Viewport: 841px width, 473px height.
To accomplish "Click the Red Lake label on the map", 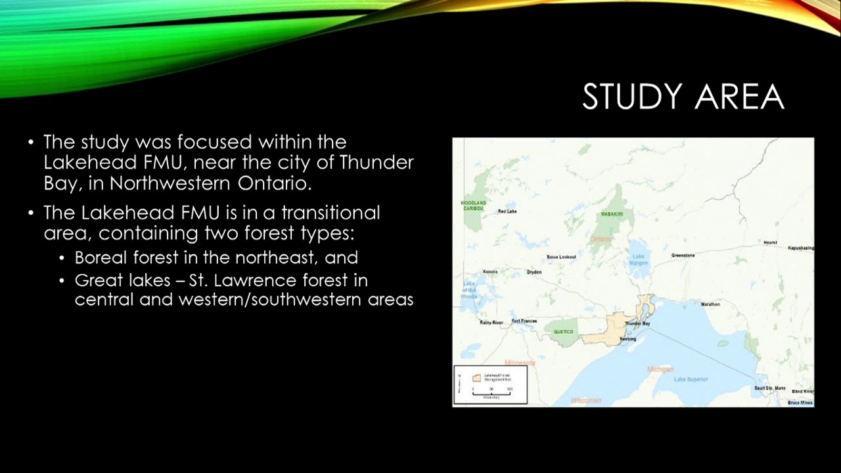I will tap(507, 212).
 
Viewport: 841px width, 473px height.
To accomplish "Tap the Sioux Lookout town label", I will tap(561, 257).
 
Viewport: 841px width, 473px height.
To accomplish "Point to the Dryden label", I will tap(534, 272).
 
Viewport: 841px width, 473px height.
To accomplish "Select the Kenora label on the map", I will tap(490, 271).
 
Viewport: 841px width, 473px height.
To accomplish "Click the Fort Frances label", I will tap(524, 321).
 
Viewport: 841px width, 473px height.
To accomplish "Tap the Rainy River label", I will tap(491, 323).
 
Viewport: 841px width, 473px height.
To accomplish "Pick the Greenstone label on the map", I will tap(683, 255).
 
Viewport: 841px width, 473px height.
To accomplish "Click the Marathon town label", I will tap(710, 305).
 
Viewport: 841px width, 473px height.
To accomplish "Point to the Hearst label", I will tap(770, 242).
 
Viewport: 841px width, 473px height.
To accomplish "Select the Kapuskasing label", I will tap(801, 248).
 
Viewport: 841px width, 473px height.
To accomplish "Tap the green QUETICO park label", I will tap(564, 332).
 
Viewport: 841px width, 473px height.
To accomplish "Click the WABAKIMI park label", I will tap(612, 215).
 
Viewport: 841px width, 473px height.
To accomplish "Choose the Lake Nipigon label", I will tap(639, 260).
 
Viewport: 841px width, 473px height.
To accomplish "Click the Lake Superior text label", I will tap(691, 379).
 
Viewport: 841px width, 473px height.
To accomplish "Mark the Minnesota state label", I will tap(520, 363).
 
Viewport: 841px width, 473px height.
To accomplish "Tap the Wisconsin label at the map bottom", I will tap(586, 400).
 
